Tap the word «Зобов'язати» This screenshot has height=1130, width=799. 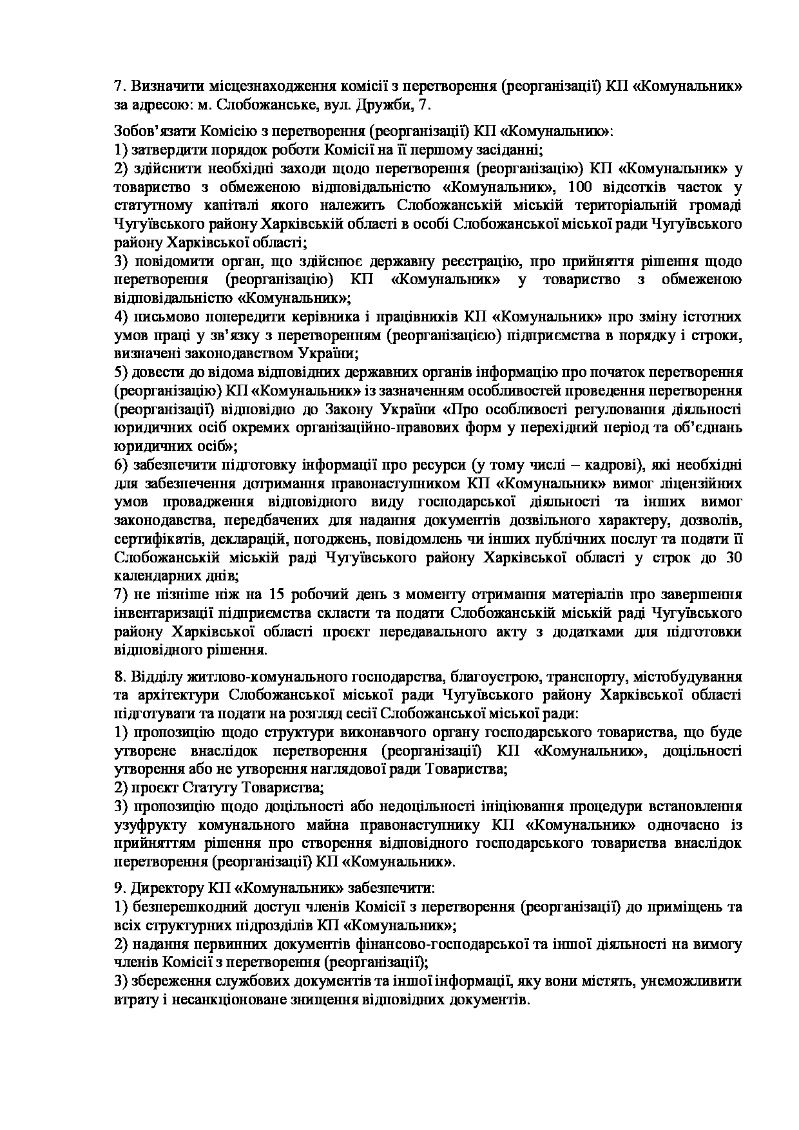(x=150, y=131)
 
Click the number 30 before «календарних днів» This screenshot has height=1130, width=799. (x=733, y=558)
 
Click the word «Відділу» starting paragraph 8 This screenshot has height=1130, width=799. (x=154, y=677)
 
